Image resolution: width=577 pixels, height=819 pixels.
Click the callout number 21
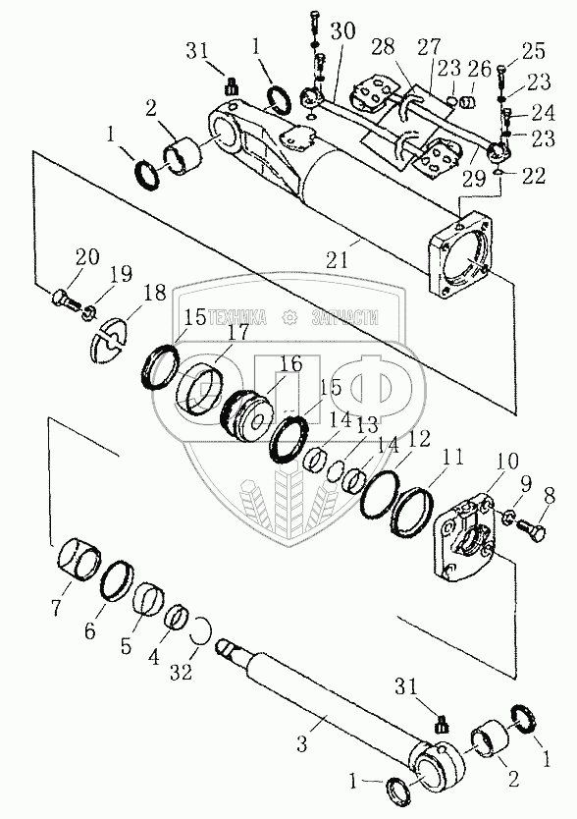pos(338,260)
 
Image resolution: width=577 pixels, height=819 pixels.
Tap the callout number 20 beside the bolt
pos(87,257)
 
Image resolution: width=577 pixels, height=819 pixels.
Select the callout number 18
pos(154,293)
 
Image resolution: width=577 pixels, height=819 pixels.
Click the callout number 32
pos(182,672)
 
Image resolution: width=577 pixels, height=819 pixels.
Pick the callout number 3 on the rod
pos(302,743)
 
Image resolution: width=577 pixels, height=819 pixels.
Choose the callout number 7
pos(56,607)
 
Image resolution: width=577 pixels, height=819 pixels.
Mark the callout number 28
pos(383,46)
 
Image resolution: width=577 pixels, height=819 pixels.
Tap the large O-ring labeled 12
pos(380,495)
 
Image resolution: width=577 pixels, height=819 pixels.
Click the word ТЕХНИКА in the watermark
pos(237,317)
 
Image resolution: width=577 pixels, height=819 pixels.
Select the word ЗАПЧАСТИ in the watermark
pos(344,317)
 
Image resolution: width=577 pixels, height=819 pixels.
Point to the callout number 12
pos(419,438)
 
